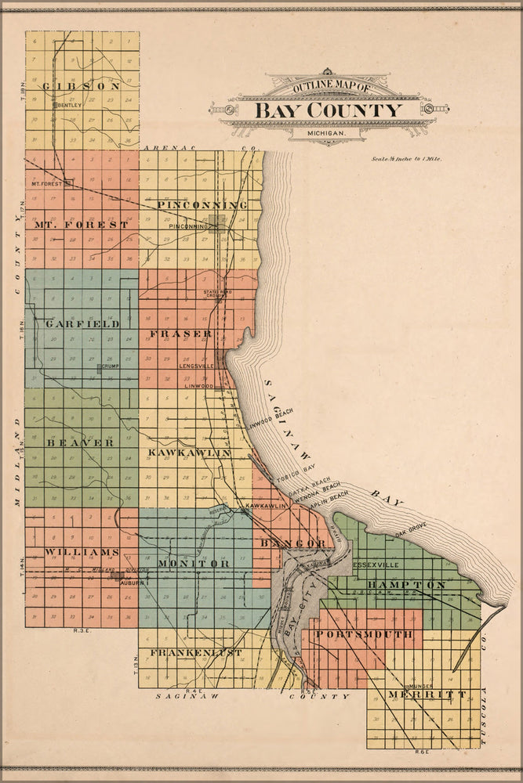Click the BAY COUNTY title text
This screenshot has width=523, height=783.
(327, 110)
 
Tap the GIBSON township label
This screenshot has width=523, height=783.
(82, 86)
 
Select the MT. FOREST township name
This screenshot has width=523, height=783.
(81, 225)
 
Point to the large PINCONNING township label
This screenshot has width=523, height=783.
(202, 205)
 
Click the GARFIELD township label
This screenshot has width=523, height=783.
(82, 323)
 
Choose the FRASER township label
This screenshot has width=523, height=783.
(180, 334)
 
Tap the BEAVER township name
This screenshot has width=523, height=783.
(80, 442)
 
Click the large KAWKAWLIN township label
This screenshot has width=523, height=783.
(188, 453)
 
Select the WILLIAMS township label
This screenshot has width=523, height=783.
(71, 552)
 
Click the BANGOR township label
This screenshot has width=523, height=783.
(292, 543)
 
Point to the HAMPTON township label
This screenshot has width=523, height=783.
(407, 585)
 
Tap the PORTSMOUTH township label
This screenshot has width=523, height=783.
(367, 635)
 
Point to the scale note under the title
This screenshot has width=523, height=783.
(408, 159)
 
